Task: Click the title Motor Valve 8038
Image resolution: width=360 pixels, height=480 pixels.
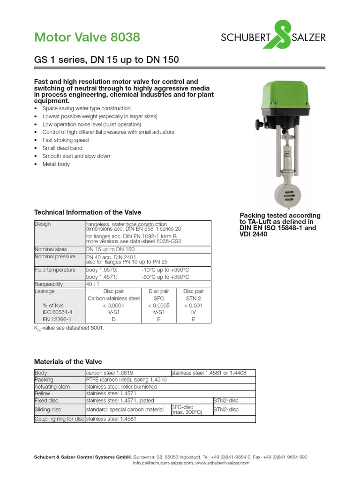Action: [x=87, y=37]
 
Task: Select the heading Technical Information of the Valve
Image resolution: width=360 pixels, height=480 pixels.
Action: [x=88, y=212]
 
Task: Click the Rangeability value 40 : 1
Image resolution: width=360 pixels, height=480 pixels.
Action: [x=92, y=284]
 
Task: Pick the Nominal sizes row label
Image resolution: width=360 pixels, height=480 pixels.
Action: [x=51, y=249]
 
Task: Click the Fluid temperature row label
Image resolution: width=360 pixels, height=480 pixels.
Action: [x=55, y=270]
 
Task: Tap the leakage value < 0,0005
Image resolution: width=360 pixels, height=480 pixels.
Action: [x=158, y=305]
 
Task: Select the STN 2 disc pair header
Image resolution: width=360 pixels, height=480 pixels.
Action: [x=193, y=298]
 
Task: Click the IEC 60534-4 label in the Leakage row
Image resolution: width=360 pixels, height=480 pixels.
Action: [x=58, y=312]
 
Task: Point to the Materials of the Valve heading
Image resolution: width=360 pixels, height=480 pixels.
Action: [x=68, y=362]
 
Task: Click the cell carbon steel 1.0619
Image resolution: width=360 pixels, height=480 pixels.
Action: [x=107, y=373]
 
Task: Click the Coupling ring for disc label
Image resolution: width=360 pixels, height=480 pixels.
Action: [x=60, y=419]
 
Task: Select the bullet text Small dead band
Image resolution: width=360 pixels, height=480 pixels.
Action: [x=62, y=148]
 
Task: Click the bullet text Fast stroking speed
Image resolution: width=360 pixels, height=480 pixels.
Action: [x=65, y=140]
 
